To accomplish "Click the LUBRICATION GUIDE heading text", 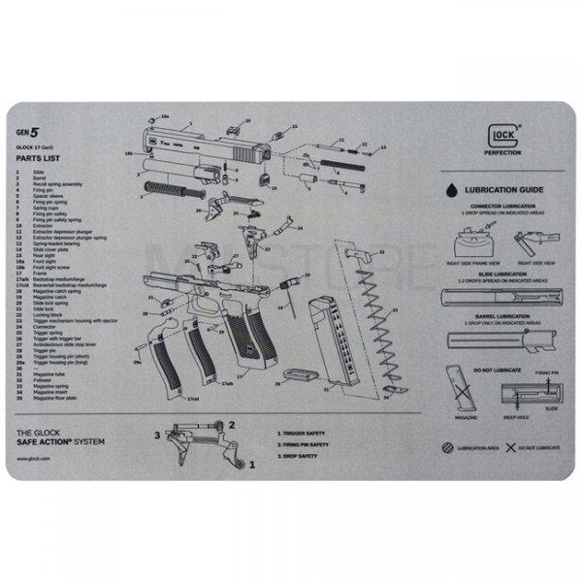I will coord(503,191).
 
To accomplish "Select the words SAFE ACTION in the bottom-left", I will coord(50,438).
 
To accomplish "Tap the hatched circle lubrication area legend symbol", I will coord(446,447).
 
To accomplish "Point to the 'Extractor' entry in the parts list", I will coord(42,225).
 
